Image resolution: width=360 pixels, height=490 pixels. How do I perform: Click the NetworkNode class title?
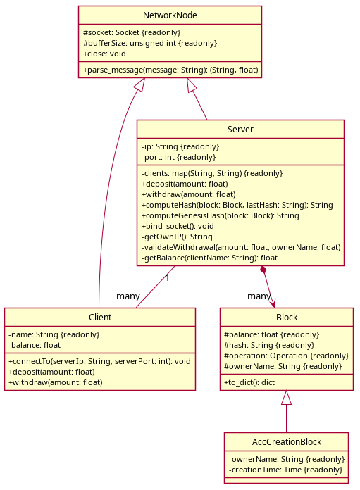170,15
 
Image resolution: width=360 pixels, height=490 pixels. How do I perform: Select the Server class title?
240,130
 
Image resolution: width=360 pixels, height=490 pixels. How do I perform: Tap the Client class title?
100,318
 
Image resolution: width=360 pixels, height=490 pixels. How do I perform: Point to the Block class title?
287,318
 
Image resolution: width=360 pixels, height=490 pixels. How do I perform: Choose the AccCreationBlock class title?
287,442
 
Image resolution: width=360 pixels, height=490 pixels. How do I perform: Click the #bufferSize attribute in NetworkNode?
150,43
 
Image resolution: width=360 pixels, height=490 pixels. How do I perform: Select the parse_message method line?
170,70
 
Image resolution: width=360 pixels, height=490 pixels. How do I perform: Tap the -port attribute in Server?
179,157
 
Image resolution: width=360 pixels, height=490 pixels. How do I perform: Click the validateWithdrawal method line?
241,248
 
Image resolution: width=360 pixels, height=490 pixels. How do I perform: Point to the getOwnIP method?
177,237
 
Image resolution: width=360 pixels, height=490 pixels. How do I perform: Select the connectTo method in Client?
99,361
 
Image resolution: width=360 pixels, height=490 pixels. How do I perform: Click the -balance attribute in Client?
35,345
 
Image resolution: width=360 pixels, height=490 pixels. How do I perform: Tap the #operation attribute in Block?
287,356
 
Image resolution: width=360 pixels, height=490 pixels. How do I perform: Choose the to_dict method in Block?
249,382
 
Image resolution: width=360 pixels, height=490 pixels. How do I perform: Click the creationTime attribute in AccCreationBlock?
285,470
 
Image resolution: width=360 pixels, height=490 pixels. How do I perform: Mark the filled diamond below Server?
263,270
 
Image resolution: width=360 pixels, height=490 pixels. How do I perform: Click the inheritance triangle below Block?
286,398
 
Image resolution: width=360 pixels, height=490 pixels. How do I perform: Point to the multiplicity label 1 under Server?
168,278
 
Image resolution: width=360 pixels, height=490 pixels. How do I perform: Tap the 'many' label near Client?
128,296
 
